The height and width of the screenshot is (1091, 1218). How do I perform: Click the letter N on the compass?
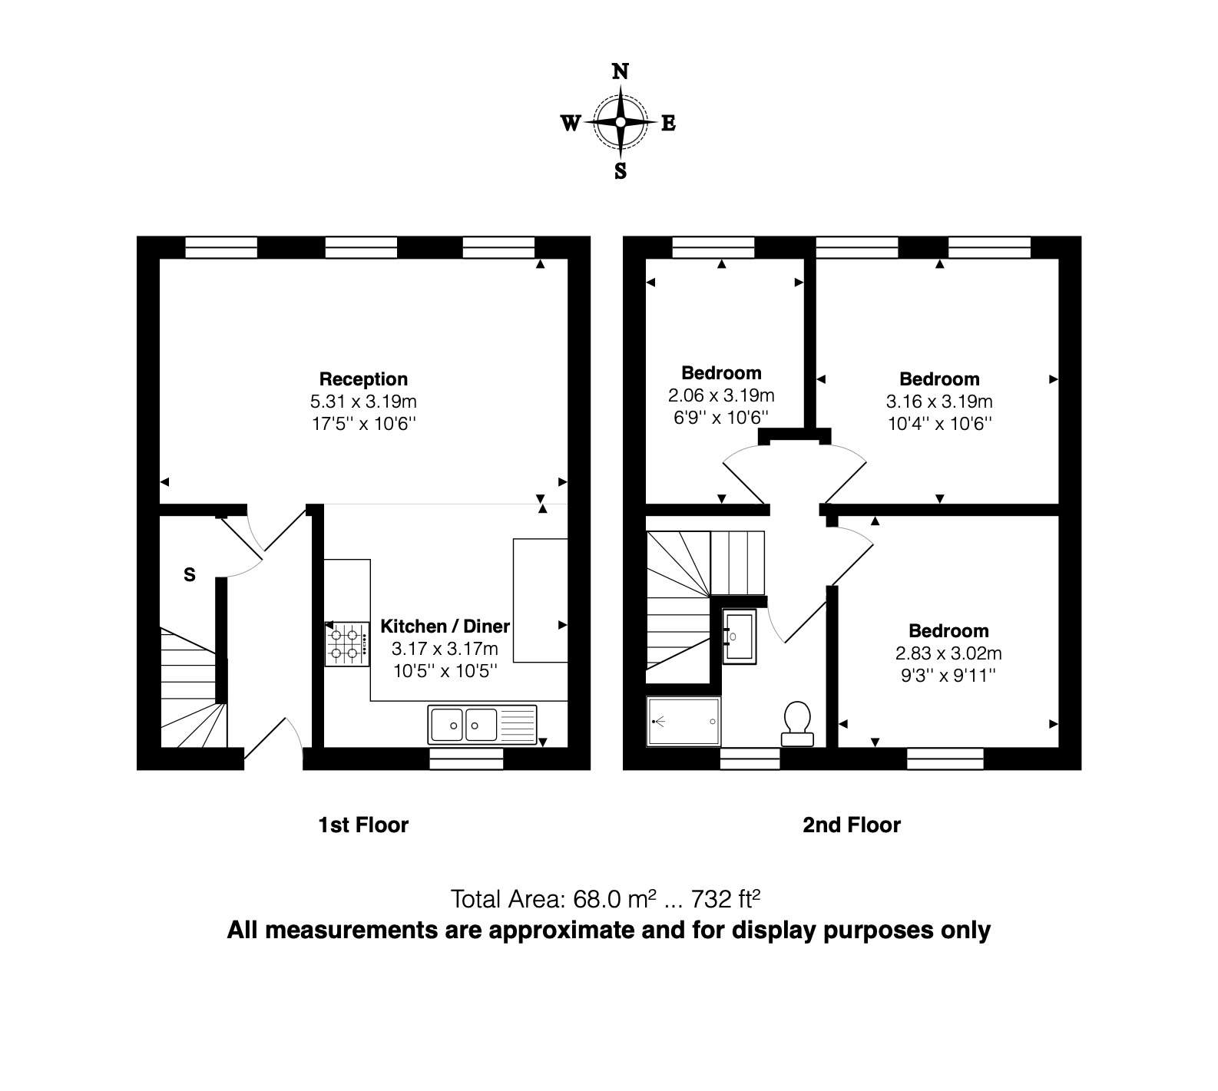coord(621,72)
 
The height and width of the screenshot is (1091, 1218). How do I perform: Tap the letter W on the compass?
coord(571,123)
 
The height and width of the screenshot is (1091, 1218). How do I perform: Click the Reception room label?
coord(363,379)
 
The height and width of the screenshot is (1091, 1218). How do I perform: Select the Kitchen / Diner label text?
coord(445,626)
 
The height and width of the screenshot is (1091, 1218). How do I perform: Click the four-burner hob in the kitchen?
coord(346,644)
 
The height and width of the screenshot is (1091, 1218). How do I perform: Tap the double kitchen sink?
coord(463,724)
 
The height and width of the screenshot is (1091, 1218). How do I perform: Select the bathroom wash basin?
coord(740,636)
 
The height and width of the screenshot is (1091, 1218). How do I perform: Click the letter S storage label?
coord(190,574)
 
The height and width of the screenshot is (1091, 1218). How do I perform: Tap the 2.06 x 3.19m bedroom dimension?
coord(721,395)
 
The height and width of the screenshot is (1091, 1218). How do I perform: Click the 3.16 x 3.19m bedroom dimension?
coord(939,402)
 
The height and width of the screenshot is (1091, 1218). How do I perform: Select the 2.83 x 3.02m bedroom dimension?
coord(948,653)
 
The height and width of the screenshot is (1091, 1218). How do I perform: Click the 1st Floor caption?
coord(363,825)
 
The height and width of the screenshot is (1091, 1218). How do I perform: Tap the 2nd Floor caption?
coord(851,825)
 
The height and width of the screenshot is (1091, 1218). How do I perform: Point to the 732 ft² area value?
coord(726,898)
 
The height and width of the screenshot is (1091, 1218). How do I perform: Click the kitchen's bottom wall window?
coord(465,759)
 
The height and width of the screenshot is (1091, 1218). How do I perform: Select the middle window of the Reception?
coord(361,247)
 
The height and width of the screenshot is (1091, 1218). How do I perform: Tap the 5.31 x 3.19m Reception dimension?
coord(363,402)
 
